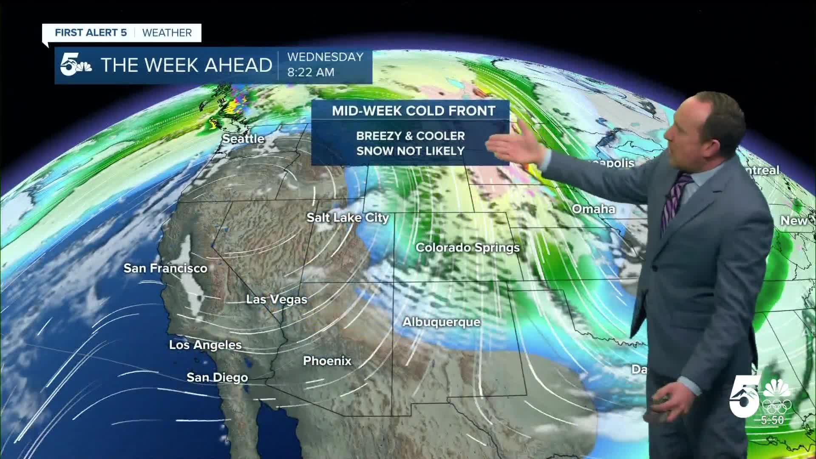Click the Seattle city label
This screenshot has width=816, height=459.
[244, 139]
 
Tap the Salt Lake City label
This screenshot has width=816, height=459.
[348, 218]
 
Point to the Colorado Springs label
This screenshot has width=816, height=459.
[467, 247]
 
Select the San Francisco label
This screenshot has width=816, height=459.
[165, 268]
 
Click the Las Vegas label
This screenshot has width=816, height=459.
[277, 299]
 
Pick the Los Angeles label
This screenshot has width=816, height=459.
[205, 345]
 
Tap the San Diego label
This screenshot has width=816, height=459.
[217, 377]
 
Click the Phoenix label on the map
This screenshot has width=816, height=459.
[327, 361]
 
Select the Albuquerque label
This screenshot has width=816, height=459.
[442, 322]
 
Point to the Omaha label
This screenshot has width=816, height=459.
[593, 209]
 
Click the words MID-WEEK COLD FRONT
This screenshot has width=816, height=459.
[414, 111]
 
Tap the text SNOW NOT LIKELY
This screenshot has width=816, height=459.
[410, 151]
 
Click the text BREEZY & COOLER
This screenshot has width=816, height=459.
[410, 136]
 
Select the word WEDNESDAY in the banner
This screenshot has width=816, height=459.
[325, 57]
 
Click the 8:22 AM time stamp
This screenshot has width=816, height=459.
[311, 72]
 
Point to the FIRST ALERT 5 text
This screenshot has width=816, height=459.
[91, 33]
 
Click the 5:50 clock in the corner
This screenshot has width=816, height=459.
[772, 420]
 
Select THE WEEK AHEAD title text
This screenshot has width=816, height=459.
[186, 65]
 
